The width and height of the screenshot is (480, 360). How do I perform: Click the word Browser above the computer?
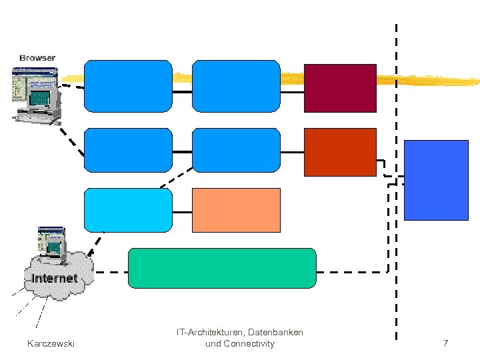(37, 58)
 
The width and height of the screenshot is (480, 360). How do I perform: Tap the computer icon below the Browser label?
(35, 95)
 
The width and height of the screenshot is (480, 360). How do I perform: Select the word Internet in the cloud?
(55, 278)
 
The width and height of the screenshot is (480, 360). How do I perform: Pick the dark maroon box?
(340, 88)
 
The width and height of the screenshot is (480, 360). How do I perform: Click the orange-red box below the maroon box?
(340, 152)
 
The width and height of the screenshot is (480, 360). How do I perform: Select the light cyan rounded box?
(128, 210)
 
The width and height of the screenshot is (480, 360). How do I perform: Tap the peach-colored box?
(236, 210)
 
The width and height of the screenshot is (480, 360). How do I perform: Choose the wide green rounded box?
(221, 268)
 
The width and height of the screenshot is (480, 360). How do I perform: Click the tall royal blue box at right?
(437, 180)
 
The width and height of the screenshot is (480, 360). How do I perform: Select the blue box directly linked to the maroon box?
(236, 85)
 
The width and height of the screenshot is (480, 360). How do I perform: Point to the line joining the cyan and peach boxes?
(182, 211)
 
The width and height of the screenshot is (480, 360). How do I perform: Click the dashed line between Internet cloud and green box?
(111, 272)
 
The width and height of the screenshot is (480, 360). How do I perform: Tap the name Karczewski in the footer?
(51, 343)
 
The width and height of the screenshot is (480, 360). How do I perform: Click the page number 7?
(445, 343)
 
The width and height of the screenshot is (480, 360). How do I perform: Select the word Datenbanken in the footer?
(275, 332)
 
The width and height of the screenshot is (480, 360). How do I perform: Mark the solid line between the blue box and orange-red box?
(292, 152)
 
